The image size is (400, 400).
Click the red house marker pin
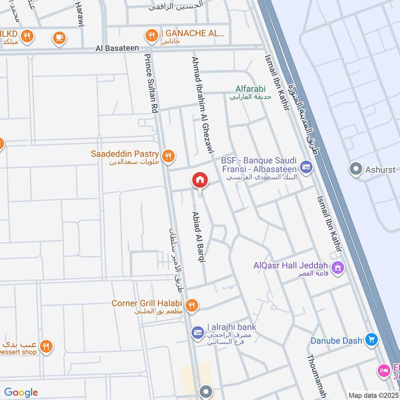pyautogui.click(x=199, y=180)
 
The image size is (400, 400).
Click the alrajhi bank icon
pyautogui.click(x=197, y=331)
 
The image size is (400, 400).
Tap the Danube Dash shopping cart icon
pyautogui.click(x=371, y=340)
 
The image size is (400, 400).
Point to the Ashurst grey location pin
pyautogui.click(x=356, y=169)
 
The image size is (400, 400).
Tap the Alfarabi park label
pyautogui.click(x=250, y=89)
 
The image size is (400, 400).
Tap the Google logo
pyautogui.click(x=21, y=392)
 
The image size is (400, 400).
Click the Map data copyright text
pyautogui.click(x=373, y=395)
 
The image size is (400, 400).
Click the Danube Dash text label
pyautogui.click(x=336, y=340)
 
